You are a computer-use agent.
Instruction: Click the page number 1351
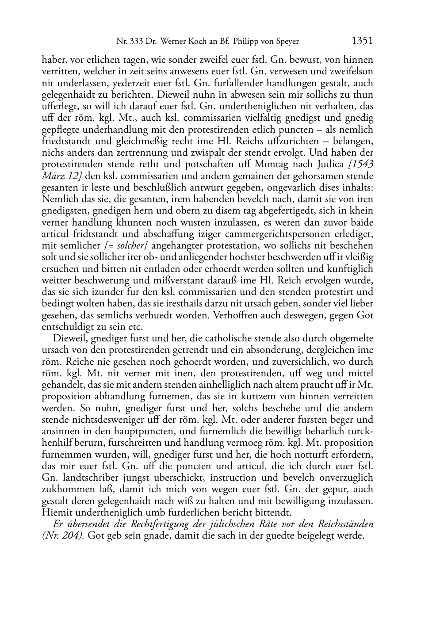coord(363,41)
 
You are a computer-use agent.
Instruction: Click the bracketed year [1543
coord(361,164)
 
